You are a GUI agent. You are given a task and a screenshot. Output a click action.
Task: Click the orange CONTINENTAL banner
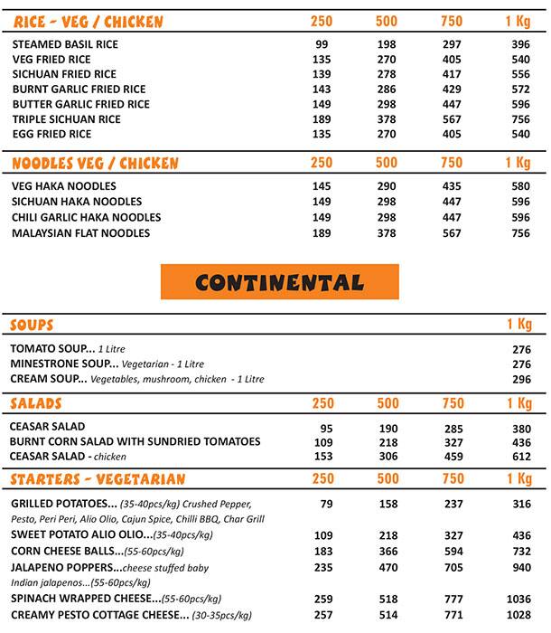pyautogui.click(x=279, y=282)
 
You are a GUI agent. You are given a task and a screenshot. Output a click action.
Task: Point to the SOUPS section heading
pyautogui.click(x=32, y=325)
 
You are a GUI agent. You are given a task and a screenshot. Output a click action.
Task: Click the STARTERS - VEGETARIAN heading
pyautogui.click(x=98, y=478)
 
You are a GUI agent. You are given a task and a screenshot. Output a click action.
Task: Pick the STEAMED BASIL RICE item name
pyautogui.click(x=65, y=44)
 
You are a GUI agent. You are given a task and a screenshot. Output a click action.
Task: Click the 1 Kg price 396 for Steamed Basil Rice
pyautogui.click(x=520, y=44)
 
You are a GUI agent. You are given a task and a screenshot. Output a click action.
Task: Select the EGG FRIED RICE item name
pyautogui.click(x=51, y=135)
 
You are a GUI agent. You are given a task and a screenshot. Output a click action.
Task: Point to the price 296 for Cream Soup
pyautogui.click(x=521, y=380)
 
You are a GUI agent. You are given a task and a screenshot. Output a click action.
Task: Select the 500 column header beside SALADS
pyautogui.click(x=387, y=403)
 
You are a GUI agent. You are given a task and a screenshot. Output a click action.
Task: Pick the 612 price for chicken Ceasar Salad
pyautogui.click(x=521, y=458)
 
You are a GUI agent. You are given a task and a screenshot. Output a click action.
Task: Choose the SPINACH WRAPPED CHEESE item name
pyautogui.click(x=85, y=599)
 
